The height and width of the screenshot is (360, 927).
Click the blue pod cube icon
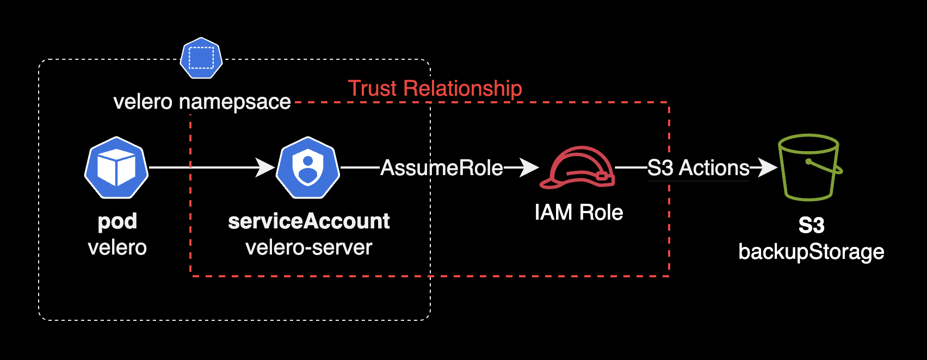pos(116,167)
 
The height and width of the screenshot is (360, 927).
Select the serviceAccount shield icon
pos(308,167)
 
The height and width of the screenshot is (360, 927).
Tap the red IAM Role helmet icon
pos(577,167)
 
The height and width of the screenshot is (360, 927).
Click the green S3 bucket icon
pos(809,167)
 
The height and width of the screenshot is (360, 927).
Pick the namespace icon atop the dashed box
pos(201,58)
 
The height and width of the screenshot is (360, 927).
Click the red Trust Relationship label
pos(435,88)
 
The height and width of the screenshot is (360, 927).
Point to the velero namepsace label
pos(202,102)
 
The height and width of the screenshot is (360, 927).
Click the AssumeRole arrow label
pos(441,168)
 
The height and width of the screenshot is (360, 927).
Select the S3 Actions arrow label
pos(698,168)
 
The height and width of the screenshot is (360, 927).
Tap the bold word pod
pos(118,221)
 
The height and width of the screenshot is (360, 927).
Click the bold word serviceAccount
pos(308,221)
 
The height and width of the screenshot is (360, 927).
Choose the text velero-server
pos(308,248)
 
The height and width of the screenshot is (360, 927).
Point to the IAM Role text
pos(578,212)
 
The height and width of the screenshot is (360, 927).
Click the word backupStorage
pos(811,252)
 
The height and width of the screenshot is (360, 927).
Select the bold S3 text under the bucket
pos(811,226)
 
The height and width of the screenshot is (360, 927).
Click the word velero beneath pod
pos(118,248)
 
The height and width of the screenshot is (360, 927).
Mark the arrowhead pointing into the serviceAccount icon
pos(266,167)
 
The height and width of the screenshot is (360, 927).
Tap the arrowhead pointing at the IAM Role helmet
pos(529,167)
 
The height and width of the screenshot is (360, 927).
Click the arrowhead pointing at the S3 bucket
pos(768,167)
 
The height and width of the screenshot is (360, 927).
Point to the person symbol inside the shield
pos(308,169)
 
